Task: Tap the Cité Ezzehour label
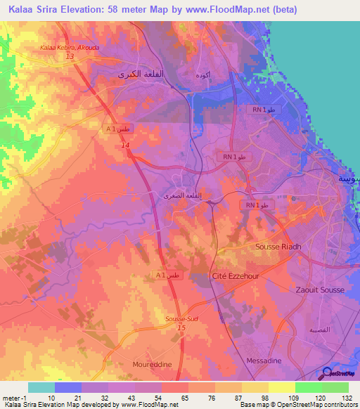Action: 235,276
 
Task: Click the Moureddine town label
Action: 153,365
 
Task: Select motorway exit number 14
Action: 125,145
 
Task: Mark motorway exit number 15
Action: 181,327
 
